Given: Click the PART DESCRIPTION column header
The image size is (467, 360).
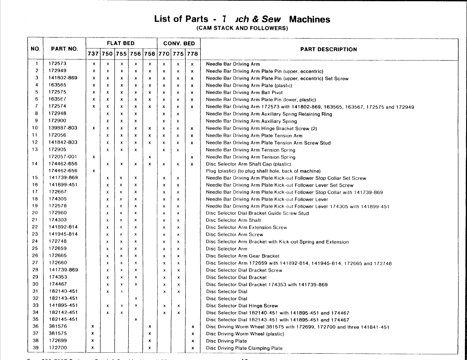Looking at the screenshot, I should (x=328, y=49).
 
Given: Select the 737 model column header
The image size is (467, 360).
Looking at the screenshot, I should (x=93, y=54).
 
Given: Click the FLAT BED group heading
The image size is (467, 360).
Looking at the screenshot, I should (x=121, y=43).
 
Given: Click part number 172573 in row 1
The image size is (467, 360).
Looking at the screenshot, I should (x=57, y=64).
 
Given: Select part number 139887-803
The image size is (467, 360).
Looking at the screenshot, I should (x=63, y=128).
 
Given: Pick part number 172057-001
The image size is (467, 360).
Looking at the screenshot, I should (x=63, y=157).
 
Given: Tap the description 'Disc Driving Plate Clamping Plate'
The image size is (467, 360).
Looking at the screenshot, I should (x=244, y=348).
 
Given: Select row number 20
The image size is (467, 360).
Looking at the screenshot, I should (x=35, y=213).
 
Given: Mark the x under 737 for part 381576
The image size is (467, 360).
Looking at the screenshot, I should (x=93, y=326).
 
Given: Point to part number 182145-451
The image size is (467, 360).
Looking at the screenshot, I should (x=63, y=319).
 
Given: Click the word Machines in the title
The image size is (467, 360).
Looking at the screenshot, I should (x=310, y=19).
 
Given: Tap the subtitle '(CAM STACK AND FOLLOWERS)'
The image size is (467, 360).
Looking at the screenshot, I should (x=242, y=28).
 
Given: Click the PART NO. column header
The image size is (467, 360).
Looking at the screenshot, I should (x=65, y=49).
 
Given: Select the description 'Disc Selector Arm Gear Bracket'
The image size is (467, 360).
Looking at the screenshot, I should (x=243, y=256).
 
